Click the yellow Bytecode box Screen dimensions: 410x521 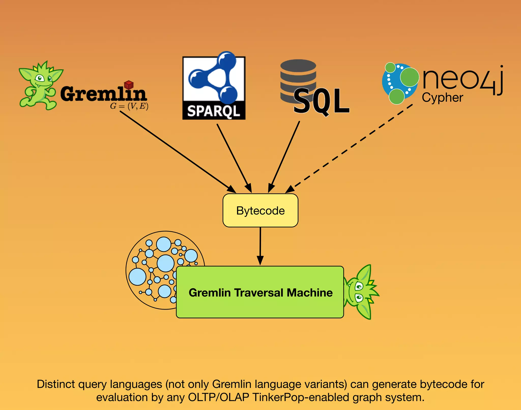(260, 210)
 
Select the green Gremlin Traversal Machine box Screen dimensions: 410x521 (260, 292)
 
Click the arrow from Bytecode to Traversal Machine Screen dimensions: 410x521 (260, 245)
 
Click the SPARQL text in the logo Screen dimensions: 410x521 (214, 111)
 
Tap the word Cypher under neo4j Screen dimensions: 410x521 (442, 98)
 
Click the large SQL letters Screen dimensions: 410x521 (322, 101)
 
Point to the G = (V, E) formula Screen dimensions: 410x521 (129, 106)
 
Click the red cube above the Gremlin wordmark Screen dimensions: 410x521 (129, 84)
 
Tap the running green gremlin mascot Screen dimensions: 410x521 (39, 85)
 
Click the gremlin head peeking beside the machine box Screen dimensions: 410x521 (361, 292)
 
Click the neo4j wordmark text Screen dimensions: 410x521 (462, 79)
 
